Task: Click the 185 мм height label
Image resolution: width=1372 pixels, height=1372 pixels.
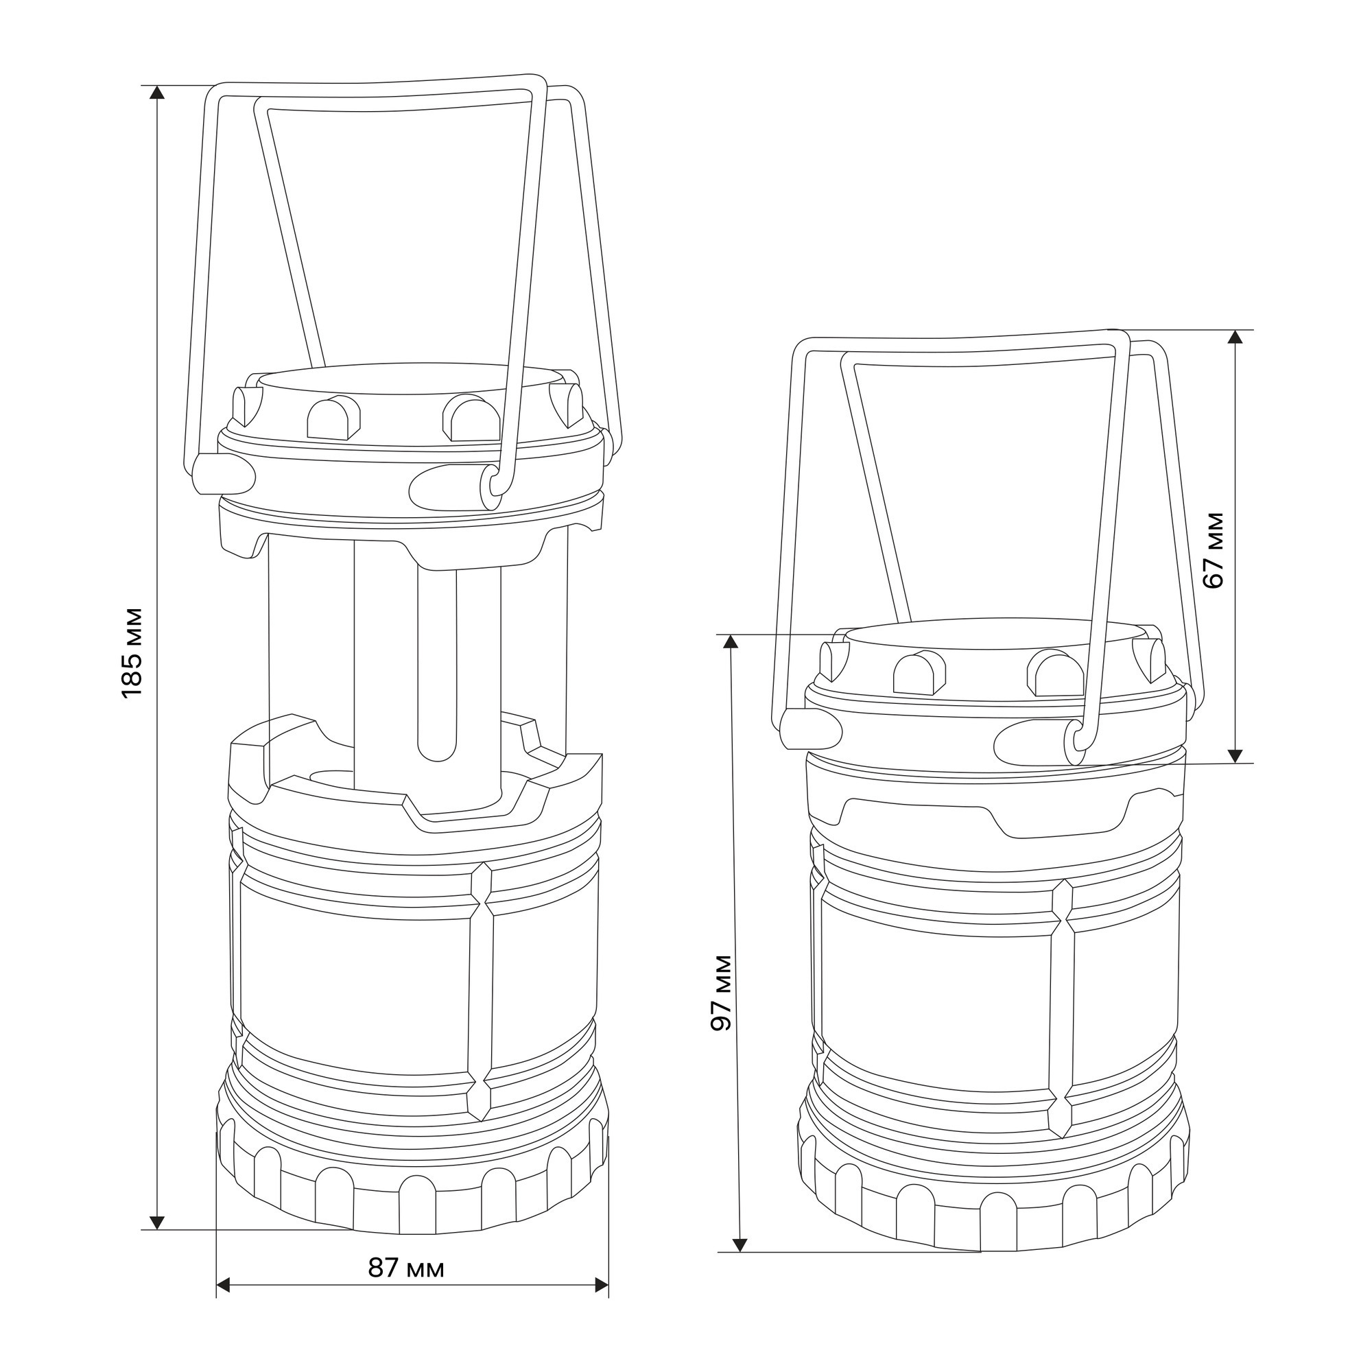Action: (x=133, y=652)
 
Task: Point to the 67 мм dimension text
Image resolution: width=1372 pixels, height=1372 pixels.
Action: (x=1215, y=549)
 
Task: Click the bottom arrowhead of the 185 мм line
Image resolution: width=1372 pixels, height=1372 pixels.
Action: (x=158, y=1222)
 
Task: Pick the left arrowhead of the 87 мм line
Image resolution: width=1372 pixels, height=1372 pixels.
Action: (x=224, y=1305)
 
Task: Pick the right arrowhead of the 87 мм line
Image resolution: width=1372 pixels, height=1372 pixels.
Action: (x=601, y=1305)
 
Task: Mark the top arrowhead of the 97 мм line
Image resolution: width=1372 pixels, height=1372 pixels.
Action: (x=731, y=642)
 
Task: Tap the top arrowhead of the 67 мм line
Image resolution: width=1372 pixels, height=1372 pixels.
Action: (x=1235, y=338)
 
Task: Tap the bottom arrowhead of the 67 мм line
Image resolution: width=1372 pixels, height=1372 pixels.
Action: (x=1235, y=755)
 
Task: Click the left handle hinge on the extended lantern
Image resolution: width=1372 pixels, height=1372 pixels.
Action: (x=223, y=475)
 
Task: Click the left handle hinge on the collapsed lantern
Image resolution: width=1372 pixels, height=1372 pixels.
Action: (x=810, y=729)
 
